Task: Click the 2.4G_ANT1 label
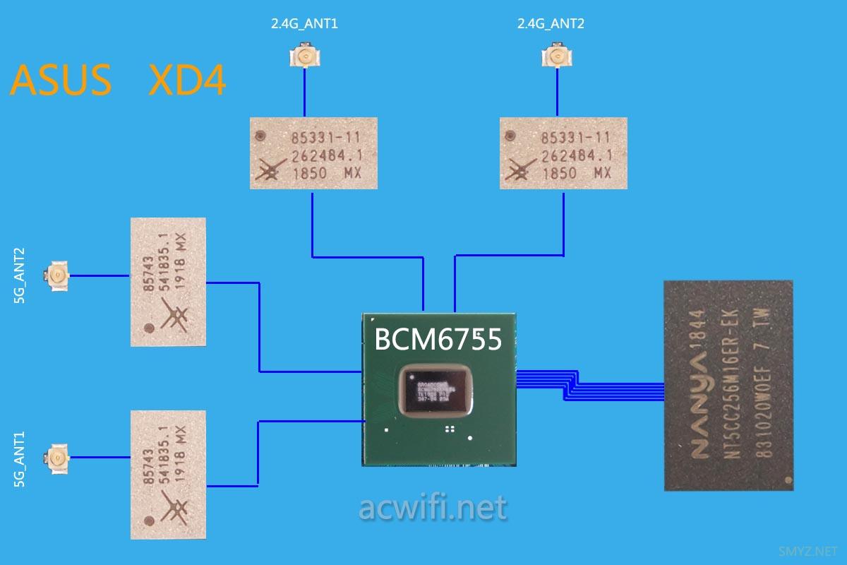coord(305,24)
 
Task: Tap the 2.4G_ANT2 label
coord(551,24)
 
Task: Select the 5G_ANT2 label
coord(19,275)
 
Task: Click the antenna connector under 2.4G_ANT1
coord(304,57)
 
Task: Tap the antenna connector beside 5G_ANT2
coord(56,275)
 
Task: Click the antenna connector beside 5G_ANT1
coord(56,460)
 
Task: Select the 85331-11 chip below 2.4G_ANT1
coord(313,153)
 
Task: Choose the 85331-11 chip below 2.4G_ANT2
coord(563,153)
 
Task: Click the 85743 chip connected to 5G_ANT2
coord(168,282)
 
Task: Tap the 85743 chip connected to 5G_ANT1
coord(168,475)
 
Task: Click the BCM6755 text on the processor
coord(438,340)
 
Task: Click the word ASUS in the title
coord(61,81)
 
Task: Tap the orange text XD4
coord(188,81)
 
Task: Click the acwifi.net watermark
coord(432,508)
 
